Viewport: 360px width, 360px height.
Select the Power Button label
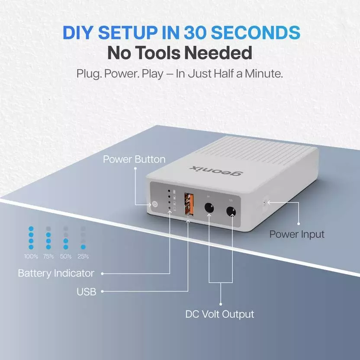[x=134, y=159]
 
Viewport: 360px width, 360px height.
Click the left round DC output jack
[x=209, y=209]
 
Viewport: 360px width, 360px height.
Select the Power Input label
[x=297, y=235]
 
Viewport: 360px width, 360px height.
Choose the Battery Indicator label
[x=56, y=273]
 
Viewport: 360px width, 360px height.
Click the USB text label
[x=87, y=292]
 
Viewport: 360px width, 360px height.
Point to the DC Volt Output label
[x=220, y=314]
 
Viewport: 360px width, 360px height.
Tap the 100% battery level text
[x=31, y=257]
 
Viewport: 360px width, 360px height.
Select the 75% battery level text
[x=48, y=257]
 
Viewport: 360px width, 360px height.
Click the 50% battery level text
[x=66, y=257]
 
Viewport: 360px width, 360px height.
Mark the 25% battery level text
[x=83, y=257]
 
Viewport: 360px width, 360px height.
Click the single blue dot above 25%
[x=83, y=247]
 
